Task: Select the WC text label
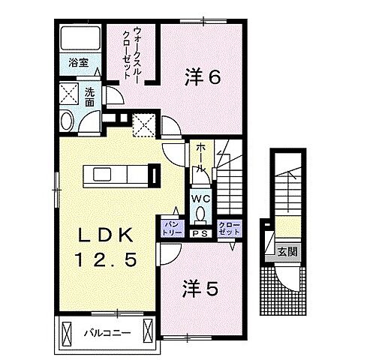point(200,198)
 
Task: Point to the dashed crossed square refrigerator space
point(143,124)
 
